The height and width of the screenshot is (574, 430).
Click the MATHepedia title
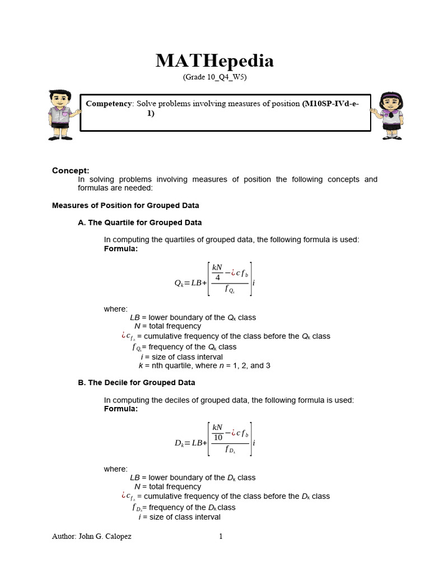[x=214, y=61]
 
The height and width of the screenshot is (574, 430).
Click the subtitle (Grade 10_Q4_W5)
[x=214, y=77]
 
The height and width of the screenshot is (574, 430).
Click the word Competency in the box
[x=109, y=104]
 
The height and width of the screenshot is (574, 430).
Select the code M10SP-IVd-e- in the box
[x=330, y=104]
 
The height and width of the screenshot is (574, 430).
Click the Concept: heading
[x=71, y=170]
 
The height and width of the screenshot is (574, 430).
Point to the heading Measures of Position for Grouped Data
[x=125, y=205]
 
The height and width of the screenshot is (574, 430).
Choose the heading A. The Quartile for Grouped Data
[x=139, y=223]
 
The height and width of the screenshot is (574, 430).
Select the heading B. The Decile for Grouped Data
[x=136, y=382]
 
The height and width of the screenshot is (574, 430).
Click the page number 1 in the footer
[x=221, y=536]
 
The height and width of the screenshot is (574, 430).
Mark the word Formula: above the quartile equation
[x=120, y=248]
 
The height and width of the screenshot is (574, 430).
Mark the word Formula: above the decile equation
[x=120, y=409]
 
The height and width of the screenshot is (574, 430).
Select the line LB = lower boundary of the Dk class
[x=193, y=478]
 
